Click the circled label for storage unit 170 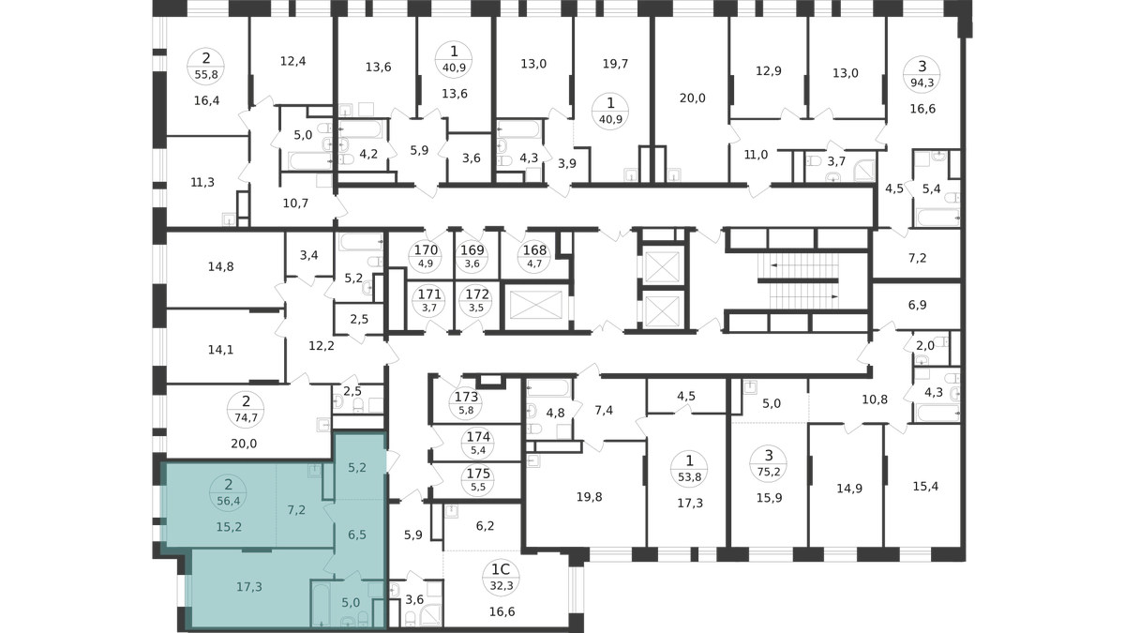click(426, 256)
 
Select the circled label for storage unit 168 click(534, 256)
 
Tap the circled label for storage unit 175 click(478, 480)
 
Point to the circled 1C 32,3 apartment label click(501, 578)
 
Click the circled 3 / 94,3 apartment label click(922, 74)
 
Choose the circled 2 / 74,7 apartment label click(246, 409)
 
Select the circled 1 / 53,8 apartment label click(689, 468)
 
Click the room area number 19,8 click(589, 497)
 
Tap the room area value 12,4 click(292, 61)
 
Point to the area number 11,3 click(202, 182)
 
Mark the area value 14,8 click(221, 266)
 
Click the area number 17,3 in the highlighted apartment click(249, 587)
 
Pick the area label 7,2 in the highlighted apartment click(296, 510)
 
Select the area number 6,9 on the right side click(917, 305)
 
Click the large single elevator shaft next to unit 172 click(536, 308)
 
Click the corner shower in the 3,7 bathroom click(864, 171)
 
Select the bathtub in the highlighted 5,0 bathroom click(321, 603)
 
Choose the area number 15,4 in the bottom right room click(925, 487)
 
